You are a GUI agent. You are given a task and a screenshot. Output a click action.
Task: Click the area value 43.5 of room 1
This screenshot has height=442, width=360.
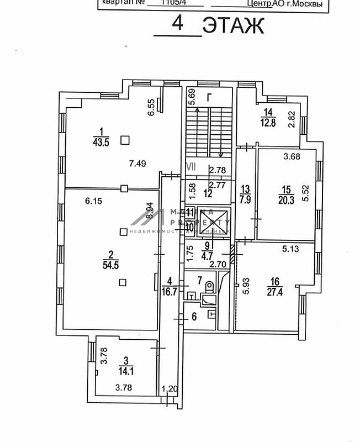[100, 141]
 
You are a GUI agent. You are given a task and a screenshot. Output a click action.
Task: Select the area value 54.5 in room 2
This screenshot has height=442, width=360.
[111, 264]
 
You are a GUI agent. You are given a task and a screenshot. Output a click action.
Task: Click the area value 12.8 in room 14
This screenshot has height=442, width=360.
[269, 123]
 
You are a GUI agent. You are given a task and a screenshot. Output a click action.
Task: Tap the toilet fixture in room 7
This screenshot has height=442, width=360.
[209, 288]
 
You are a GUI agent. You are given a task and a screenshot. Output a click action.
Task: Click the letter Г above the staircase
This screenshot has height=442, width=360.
[209, 98]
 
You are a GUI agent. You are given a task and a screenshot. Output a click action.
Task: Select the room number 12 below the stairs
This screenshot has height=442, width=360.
[208, 193]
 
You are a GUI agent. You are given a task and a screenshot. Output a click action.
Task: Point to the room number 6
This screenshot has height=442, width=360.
[194, 317]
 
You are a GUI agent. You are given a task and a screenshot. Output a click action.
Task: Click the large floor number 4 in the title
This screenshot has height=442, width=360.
[177, 24]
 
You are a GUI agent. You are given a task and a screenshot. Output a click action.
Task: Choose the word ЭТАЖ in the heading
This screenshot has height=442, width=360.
[232, 25]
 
